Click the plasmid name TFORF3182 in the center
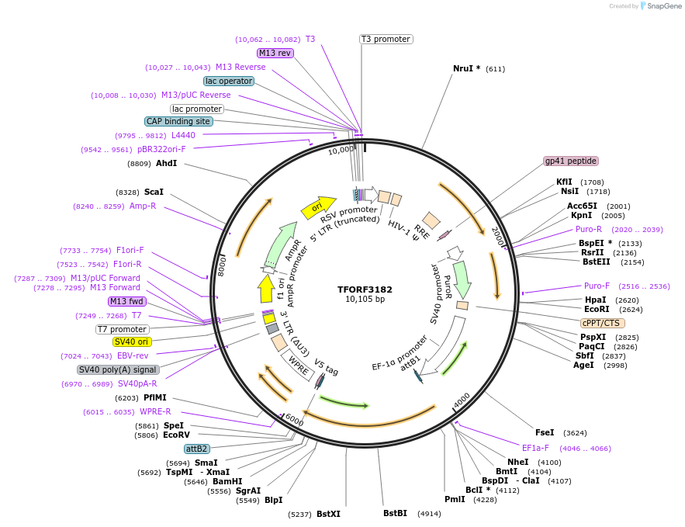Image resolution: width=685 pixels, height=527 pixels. [365, 290]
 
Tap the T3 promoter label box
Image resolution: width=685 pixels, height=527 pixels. [386, 39]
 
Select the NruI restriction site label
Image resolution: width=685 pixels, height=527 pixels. [467, 68]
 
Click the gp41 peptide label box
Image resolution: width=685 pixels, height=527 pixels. [571, 161]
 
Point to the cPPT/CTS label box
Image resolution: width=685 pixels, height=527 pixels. [602, 323]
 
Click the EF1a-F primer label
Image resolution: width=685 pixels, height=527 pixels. [535, 448]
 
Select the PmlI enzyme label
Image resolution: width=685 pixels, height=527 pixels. [455, 499]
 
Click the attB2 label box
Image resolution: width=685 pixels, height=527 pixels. [196, 449]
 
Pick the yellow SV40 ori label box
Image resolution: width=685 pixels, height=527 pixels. [132, 342]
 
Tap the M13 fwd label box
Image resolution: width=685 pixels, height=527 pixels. [127, 301]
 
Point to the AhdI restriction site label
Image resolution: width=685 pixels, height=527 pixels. [166, 163]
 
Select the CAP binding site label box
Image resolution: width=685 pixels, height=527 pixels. [178, 121]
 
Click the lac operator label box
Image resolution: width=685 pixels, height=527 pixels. [229, 81]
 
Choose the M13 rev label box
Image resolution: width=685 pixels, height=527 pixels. [275, 53]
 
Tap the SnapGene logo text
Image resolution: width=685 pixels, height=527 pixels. [664, 5]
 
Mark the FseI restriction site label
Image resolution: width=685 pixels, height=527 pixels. [545, 432]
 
